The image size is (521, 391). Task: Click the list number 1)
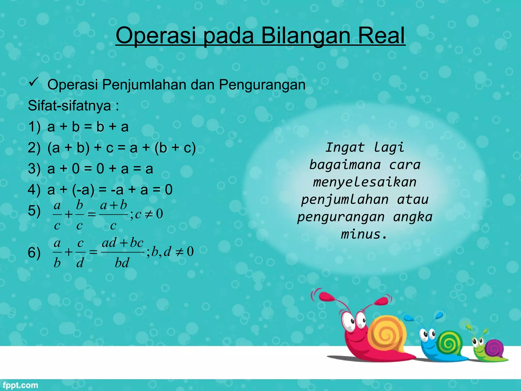[x=34, y=127]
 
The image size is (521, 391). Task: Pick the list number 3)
[x=34, y=169]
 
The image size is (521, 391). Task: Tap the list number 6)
[x=34, y=253]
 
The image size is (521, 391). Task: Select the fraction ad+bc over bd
[x=122, y=252]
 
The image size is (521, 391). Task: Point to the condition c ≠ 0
[x=149, y=214]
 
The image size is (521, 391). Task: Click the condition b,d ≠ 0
[x=172, y=252]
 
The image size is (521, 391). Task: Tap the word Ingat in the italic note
[x=345, y=147]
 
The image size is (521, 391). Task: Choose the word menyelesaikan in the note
[x=365, y=182]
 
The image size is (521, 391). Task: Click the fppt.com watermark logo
[x=21, y=385]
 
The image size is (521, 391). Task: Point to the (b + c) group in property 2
[x=175, y=148]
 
